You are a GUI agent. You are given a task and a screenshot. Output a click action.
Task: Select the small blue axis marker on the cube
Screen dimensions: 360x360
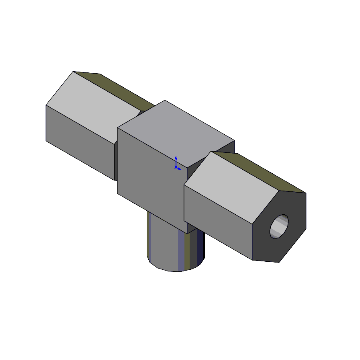178,163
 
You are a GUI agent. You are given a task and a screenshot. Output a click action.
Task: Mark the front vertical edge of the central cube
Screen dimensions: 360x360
183,185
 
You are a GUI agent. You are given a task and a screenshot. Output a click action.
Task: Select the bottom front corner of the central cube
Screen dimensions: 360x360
183,221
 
